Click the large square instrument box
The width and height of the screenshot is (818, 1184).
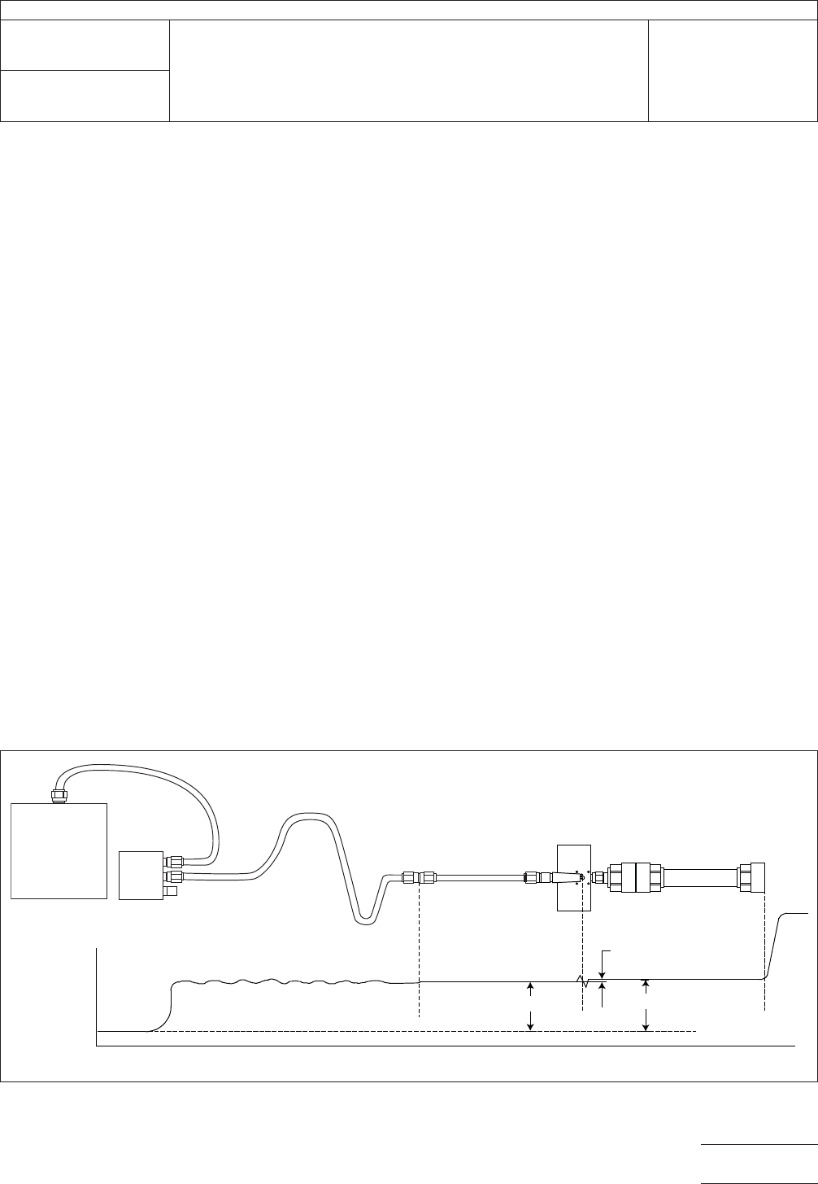[59, 850]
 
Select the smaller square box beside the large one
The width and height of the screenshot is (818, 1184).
[141, 875]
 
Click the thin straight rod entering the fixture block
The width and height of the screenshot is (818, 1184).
[480, 878]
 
